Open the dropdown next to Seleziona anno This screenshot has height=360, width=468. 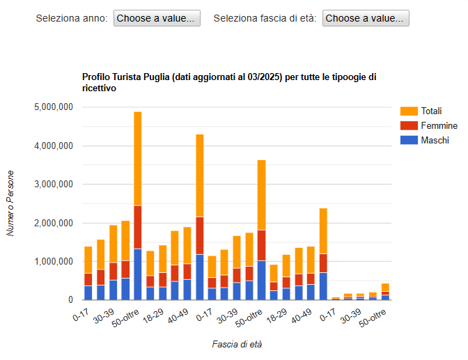coord(156,18)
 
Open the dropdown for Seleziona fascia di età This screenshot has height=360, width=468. coord(365,18)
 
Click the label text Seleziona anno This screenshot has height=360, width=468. coord(72,18)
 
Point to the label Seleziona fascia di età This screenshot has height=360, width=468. coord(265,18)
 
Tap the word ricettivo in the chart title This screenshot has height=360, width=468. coord(98,88)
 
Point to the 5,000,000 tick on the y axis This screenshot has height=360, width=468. coord(54,107)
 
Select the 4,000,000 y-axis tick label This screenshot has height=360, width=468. coord(54,146)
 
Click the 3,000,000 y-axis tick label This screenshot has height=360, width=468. coord(54,185)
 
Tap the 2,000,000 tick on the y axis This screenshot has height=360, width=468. coord(54,224)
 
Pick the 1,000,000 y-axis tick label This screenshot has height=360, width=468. coord(54,262)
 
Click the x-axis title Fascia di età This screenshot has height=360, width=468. coord(237,344)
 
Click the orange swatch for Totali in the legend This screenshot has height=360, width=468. coord(409,111)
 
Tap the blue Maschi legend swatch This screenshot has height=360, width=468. coord(409,140)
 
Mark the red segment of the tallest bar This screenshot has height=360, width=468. coord(138,227)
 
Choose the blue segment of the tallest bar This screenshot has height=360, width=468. coord(138,274)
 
